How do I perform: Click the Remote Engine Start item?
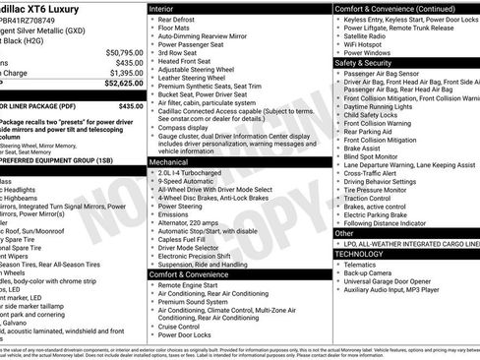(x=192, y=285)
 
